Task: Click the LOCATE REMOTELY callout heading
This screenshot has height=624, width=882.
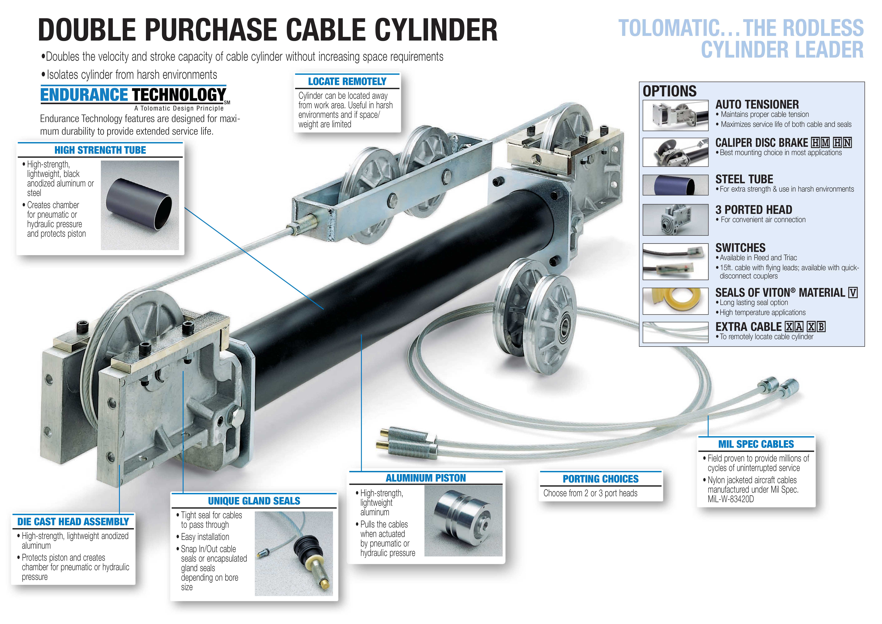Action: pos(347,81)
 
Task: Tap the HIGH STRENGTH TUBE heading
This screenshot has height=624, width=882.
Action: pos(100,150)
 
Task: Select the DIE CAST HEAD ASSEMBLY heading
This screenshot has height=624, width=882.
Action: pos(73,521)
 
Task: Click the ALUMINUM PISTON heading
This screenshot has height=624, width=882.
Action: pos(426,478)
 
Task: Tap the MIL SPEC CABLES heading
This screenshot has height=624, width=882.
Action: pos(756,444)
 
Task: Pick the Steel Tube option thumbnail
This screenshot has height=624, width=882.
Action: pos(675,185)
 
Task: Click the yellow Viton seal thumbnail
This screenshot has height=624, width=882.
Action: pos(675,301)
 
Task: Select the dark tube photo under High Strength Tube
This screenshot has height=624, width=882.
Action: pos(140,205)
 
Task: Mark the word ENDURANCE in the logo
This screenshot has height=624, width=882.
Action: pos(84,95)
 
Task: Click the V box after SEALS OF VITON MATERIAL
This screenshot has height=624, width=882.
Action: pos(853,293)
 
